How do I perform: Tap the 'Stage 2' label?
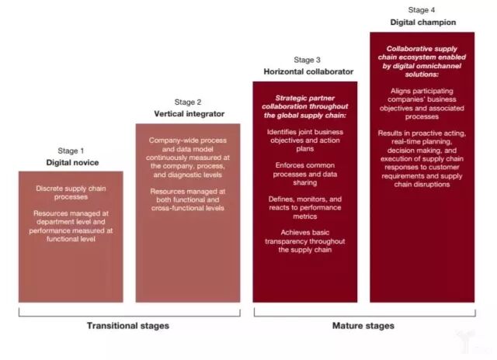188,102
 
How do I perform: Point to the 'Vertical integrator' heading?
188,114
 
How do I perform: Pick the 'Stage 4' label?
422,10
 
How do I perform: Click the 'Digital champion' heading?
422,22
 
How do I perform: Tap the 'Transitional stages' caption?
129,325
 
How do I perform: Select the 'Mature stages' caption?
363,325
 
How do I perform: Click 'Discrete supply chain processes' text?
71,192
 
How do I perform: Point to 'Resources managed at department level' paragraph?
71,225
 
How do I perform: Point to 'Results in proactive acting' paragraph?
422,161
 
